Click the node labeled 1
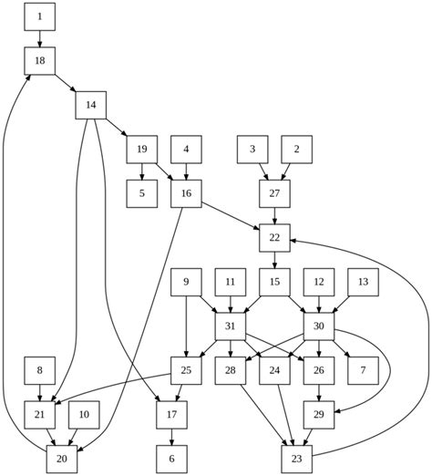point(40,16)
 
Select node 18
point(40,60)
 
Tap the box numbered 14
point(91,105)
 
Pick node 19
point(142,149)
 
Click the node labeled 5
point(142,193)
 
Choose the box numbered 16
point(186,193)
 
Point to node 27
point(274,193)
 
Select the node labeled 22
point(274,238)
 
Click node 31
point(231,326)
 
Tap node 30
point(319,326)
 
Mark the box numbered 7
point(363,370)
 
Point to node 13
point(363,283)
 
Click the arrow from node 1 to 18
point(40,37)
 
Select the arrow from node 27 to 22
point(274,215)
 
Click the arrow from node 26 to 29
point(319,392)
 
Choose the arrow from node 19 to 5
point(142,171)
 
